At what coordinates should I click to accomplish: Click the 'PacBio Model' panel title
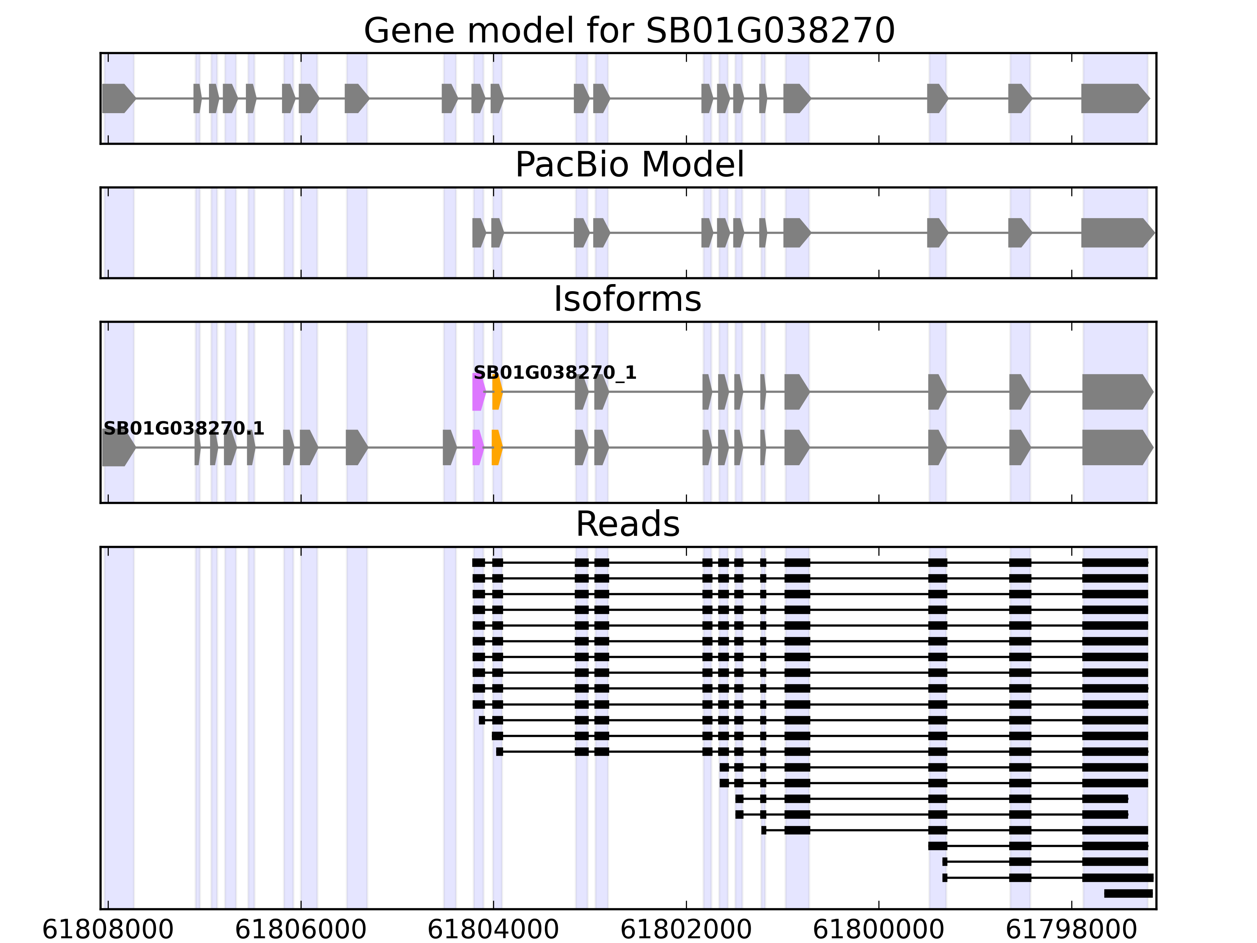point(628,165)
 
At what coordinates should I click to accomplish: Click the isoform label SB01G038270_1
point(555,373)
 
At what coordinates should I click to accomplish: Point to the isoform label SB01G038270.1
point(183,429)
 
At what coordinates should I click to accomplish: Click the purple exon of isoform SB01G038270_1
point(478,392)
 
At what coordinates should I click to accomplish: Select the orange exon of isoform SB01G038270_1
point(497,392)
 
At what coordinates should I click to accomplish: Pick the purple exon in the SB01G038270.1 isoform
point(477,448)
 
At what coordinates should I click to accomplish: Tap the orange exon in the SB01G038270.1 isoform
point(497,448)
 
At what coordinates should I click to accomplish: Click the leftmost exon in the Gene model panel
point(117,98)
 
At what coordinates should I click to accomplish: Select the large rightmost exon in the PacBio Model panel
point(1116,233)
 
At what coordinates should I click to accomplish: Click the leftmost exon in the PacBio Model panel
point(478,233)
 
